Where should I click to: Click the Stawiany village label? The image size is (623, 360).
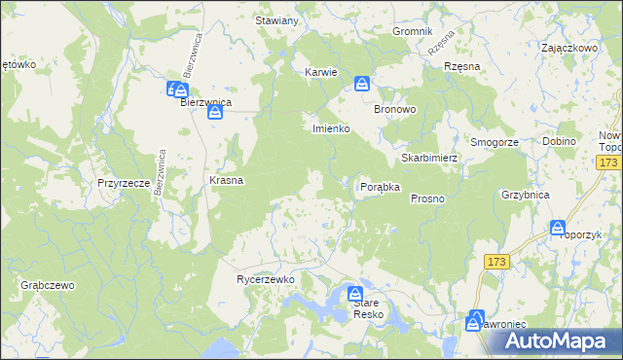(x=275, y=20)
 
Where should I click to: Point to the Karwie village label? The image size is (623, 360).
(x=321, y=72)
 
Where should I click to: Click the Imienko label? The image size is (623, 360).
(x=330, y=128)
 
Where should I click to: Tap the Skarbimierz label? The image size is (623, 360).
(x=429, y=158)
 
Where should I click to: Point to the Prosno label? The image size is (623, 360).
(x=427, y=198)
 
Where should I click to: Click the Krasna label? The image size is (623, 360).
(x=227, y=181)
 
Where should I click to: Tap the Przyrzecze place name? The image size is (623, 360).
(x=123, y=182)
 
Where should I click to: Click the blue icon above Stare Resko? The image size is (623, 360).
(x=356, y=294)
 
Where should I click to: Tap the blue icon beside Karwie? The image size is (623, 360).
(x=362, y=84)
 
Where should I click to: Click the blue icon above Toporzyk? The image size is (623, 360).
(x=558, y=228)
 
